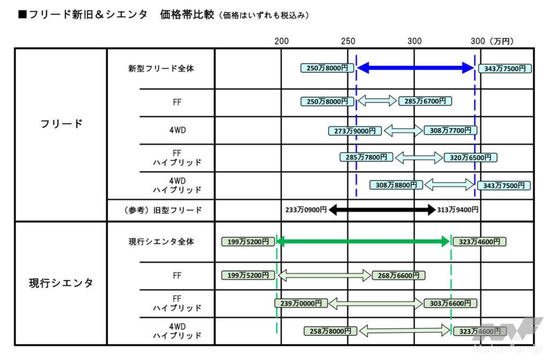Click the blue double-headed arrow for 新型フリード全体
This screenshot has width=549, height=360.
416,68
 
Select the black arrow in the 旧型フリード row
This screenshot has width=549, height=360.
382,210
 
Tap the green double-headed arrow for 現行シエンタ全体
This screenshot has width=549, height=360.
363,241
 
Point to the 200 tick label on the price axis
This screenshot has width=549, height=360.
281,41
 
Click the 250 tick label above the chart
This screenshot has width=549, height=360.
348,41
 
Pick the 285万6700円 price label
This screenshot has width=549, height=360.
425,101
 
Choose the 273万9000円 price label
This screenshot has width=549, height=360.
355,131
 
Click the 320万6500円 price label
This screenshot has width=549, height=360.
470,157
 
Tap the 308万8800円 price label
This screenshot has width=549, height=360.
396,185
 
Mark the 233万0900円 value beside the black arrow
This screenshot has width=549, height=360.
306,210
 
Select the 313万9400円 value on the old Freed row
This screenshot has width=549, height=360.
458,210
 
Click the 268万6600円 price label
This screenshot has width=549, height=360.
398,275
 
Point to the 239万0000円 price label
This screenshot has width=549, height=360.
301,303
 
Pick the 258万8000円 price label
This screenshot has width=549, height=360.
330,331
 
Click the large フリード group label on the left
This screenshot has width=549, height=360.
61,124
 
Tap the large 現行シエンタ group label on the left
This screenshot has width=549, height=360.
61,283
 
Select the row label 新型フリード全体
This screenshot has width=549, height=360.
161,68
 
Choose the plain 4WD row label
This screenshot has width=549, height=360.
177,130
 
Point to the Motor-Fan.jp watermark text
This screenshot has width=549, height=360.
508,348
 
